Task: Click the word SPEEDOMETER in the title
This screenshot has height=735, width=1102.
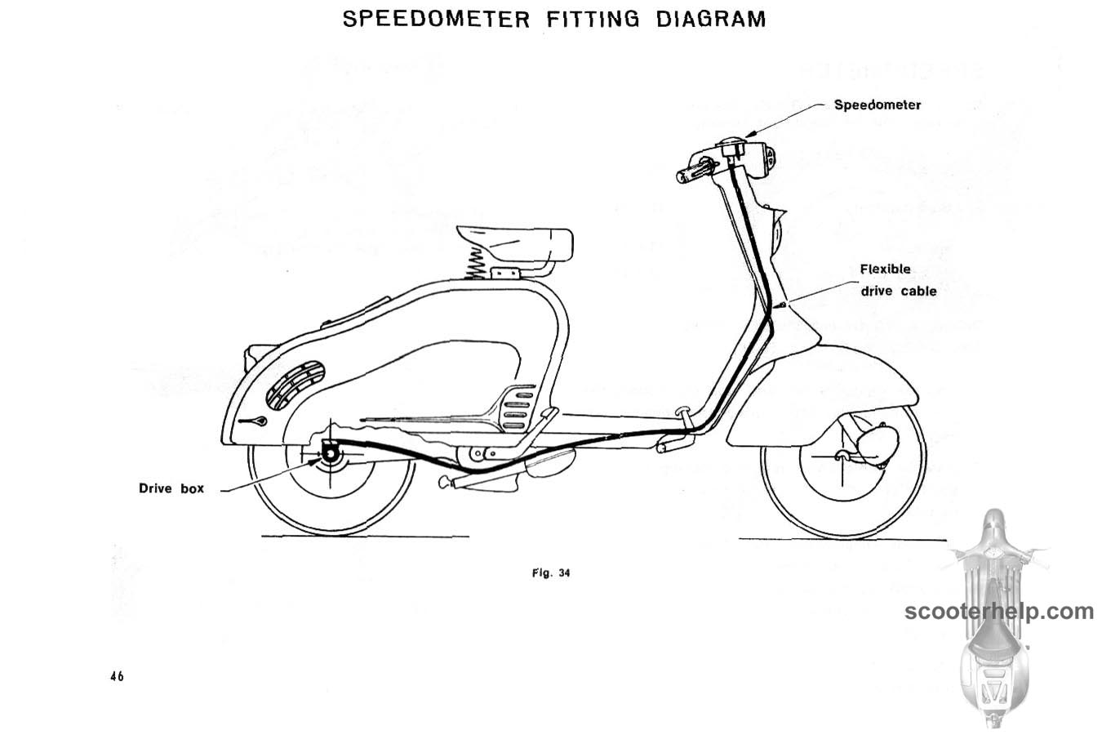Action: (436, 20)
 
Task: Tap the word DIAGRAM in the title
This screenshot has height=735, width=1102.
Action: (711, 20)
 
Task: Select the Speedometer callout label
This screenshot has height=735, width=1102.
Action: (878, 105)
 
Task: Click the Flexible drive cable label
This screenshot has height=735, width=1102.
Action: (898, 280)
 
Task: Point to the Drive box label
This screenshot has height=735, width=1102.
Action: (171, 488)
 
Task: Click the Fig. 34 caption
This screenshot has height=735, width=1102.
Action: (551, 573)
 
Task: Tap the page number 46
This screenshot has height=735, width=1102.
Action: (117, 676)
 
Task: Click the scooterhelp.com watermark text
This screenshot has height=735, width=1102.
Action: (999, 612)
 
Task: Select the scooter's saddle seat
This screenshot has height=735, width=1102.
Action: (515, 243)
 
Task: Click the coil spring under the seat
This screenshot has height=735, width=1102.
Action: (475, 264)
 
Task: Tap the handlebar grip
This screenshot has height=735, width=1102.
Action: (694, 172)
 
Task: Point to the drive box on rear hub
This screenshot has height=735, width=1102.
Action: (330, 452)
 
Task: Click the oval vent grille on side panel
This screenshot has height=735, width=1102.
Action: (295, 385)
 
